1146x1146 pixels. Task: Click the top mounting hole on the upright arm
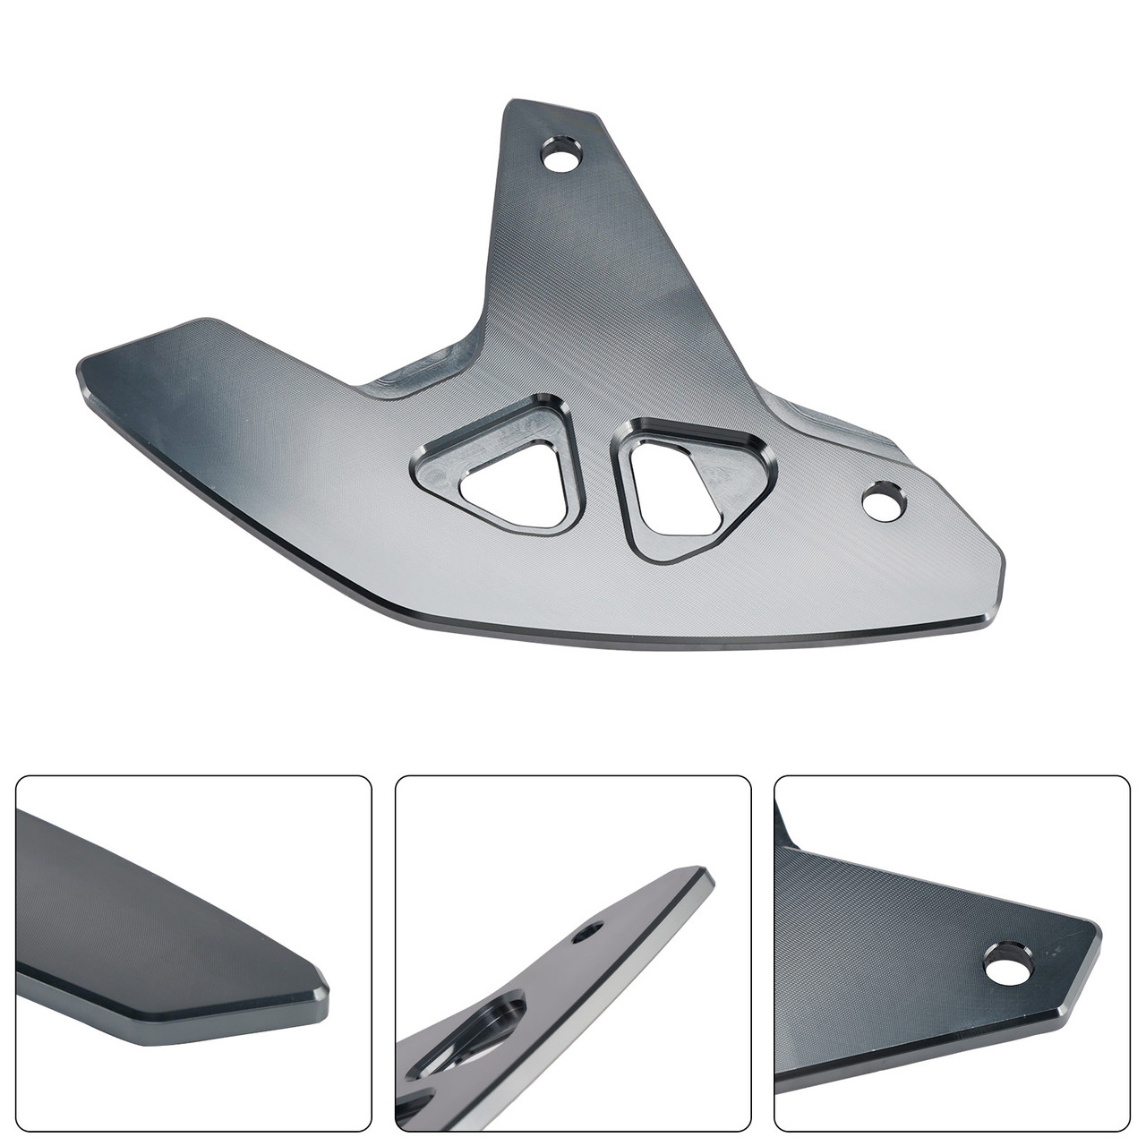click(562, 160)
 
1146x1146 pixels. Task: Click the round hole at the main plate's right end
click(885, 500)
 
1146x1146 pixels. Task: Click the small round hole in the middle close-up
click(588, 933)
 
